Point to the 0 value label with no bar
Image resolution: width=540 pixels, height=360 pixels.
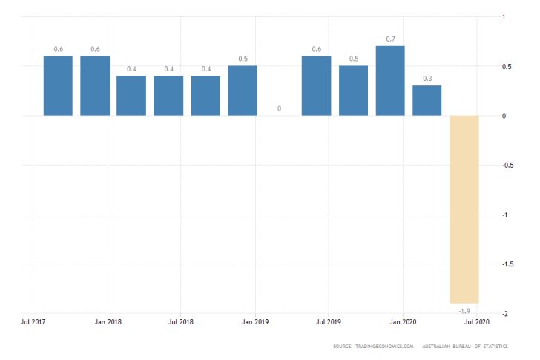click(x=280, y=108)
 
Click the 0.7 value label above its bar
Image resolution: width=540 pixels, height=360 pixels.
click(x=390, y=39)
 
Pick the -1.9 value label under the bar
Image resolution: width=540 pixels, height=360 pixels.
click(x=464, y=310)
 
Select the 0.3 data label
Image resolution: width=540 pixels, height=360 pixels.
click(x=427, y=78)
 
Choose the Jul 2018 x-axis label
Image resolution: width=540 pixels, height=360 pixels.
click(x=181, y=322)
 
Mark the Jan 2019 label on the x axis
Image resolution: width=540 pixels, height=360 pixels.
click(x=255, y=322)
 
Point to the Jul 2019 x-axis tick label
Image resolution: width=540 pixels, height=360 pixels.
click(x=329, y=322)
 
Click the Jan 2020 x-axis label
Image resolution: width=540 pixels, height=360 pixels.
click(x=403, y=322)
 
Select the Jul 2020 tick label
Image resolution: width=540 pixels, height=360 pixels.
click(x=476, y=322)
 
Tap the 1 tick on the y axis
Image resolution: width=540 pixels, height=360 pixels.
click(x=505, y=17)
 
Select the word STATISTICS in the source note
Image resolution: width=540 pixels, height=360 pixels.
click(x=503, y=347)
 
